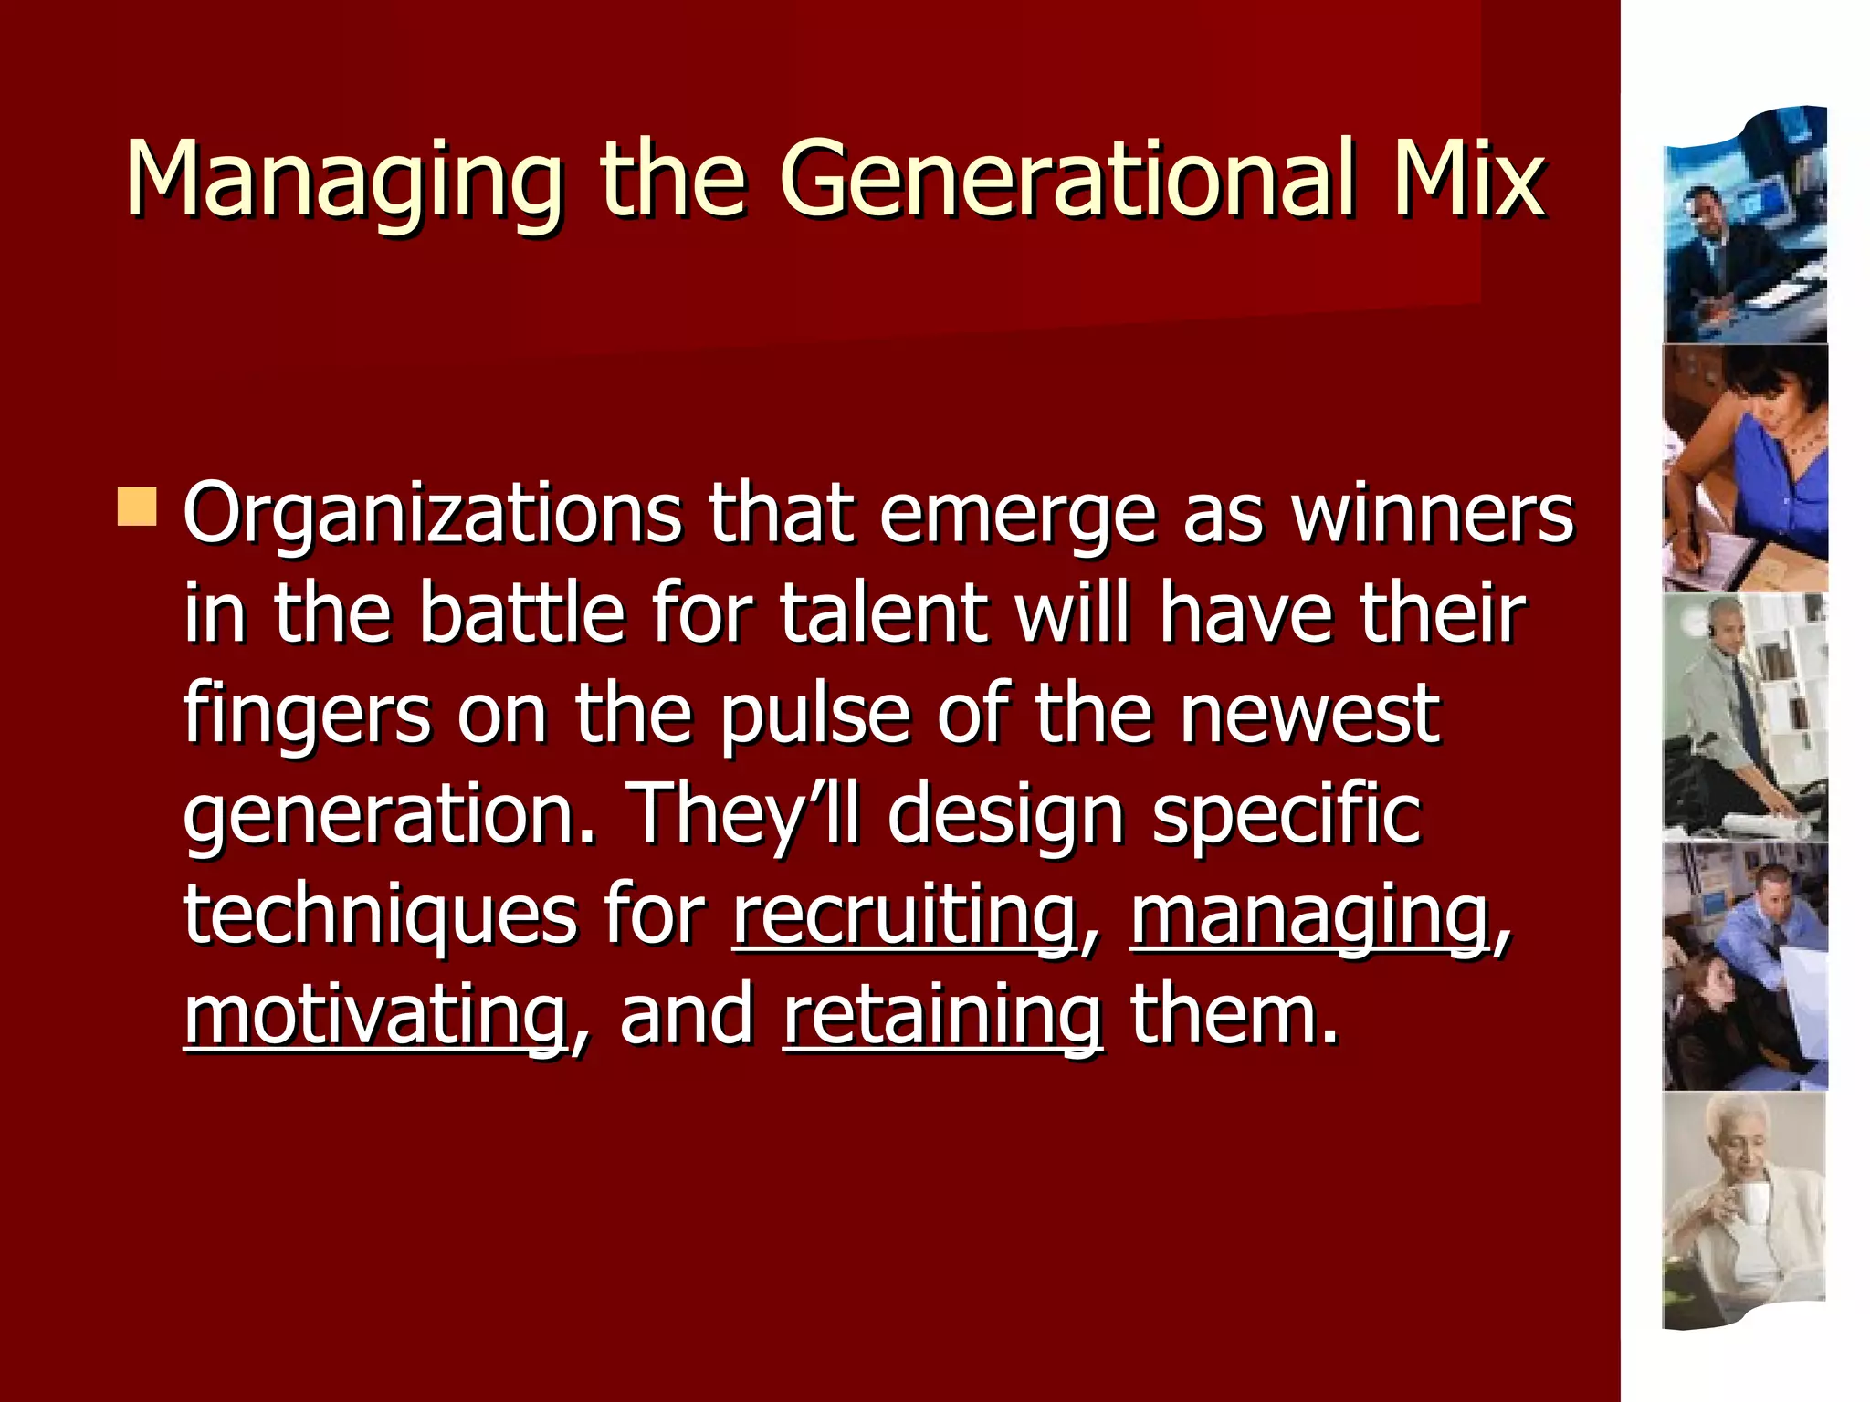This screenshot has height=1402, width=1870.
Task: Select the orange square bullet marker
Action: click(x=137, y=507)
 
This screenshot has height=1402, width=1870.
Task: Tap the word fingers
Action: click(x=307, y=716)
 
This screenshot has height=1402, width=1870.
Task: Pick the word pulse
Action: click(x=814, y=716)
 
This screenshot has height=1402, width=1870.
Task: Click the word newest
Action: click(x=1309, y=716)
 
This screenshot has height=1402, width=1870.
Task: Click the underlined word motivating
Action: click(x=374, y=1015)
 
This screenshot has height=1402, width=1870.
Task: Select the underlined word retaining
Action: click(x=942, y=1015)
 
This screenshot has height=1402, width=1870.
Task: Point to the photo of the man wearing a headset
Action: click(x=1745, y=717)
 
